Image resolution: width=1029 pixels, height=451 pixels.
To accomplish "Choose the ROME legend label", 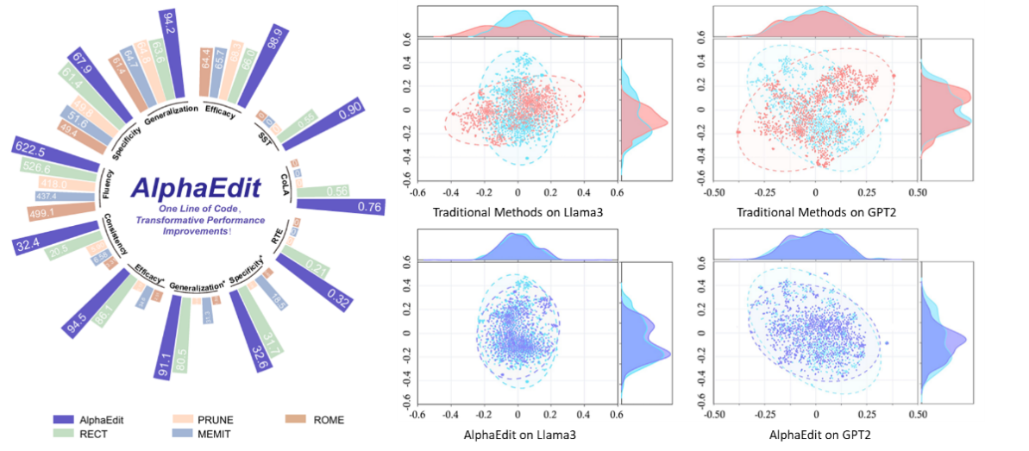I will point(329,420).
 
